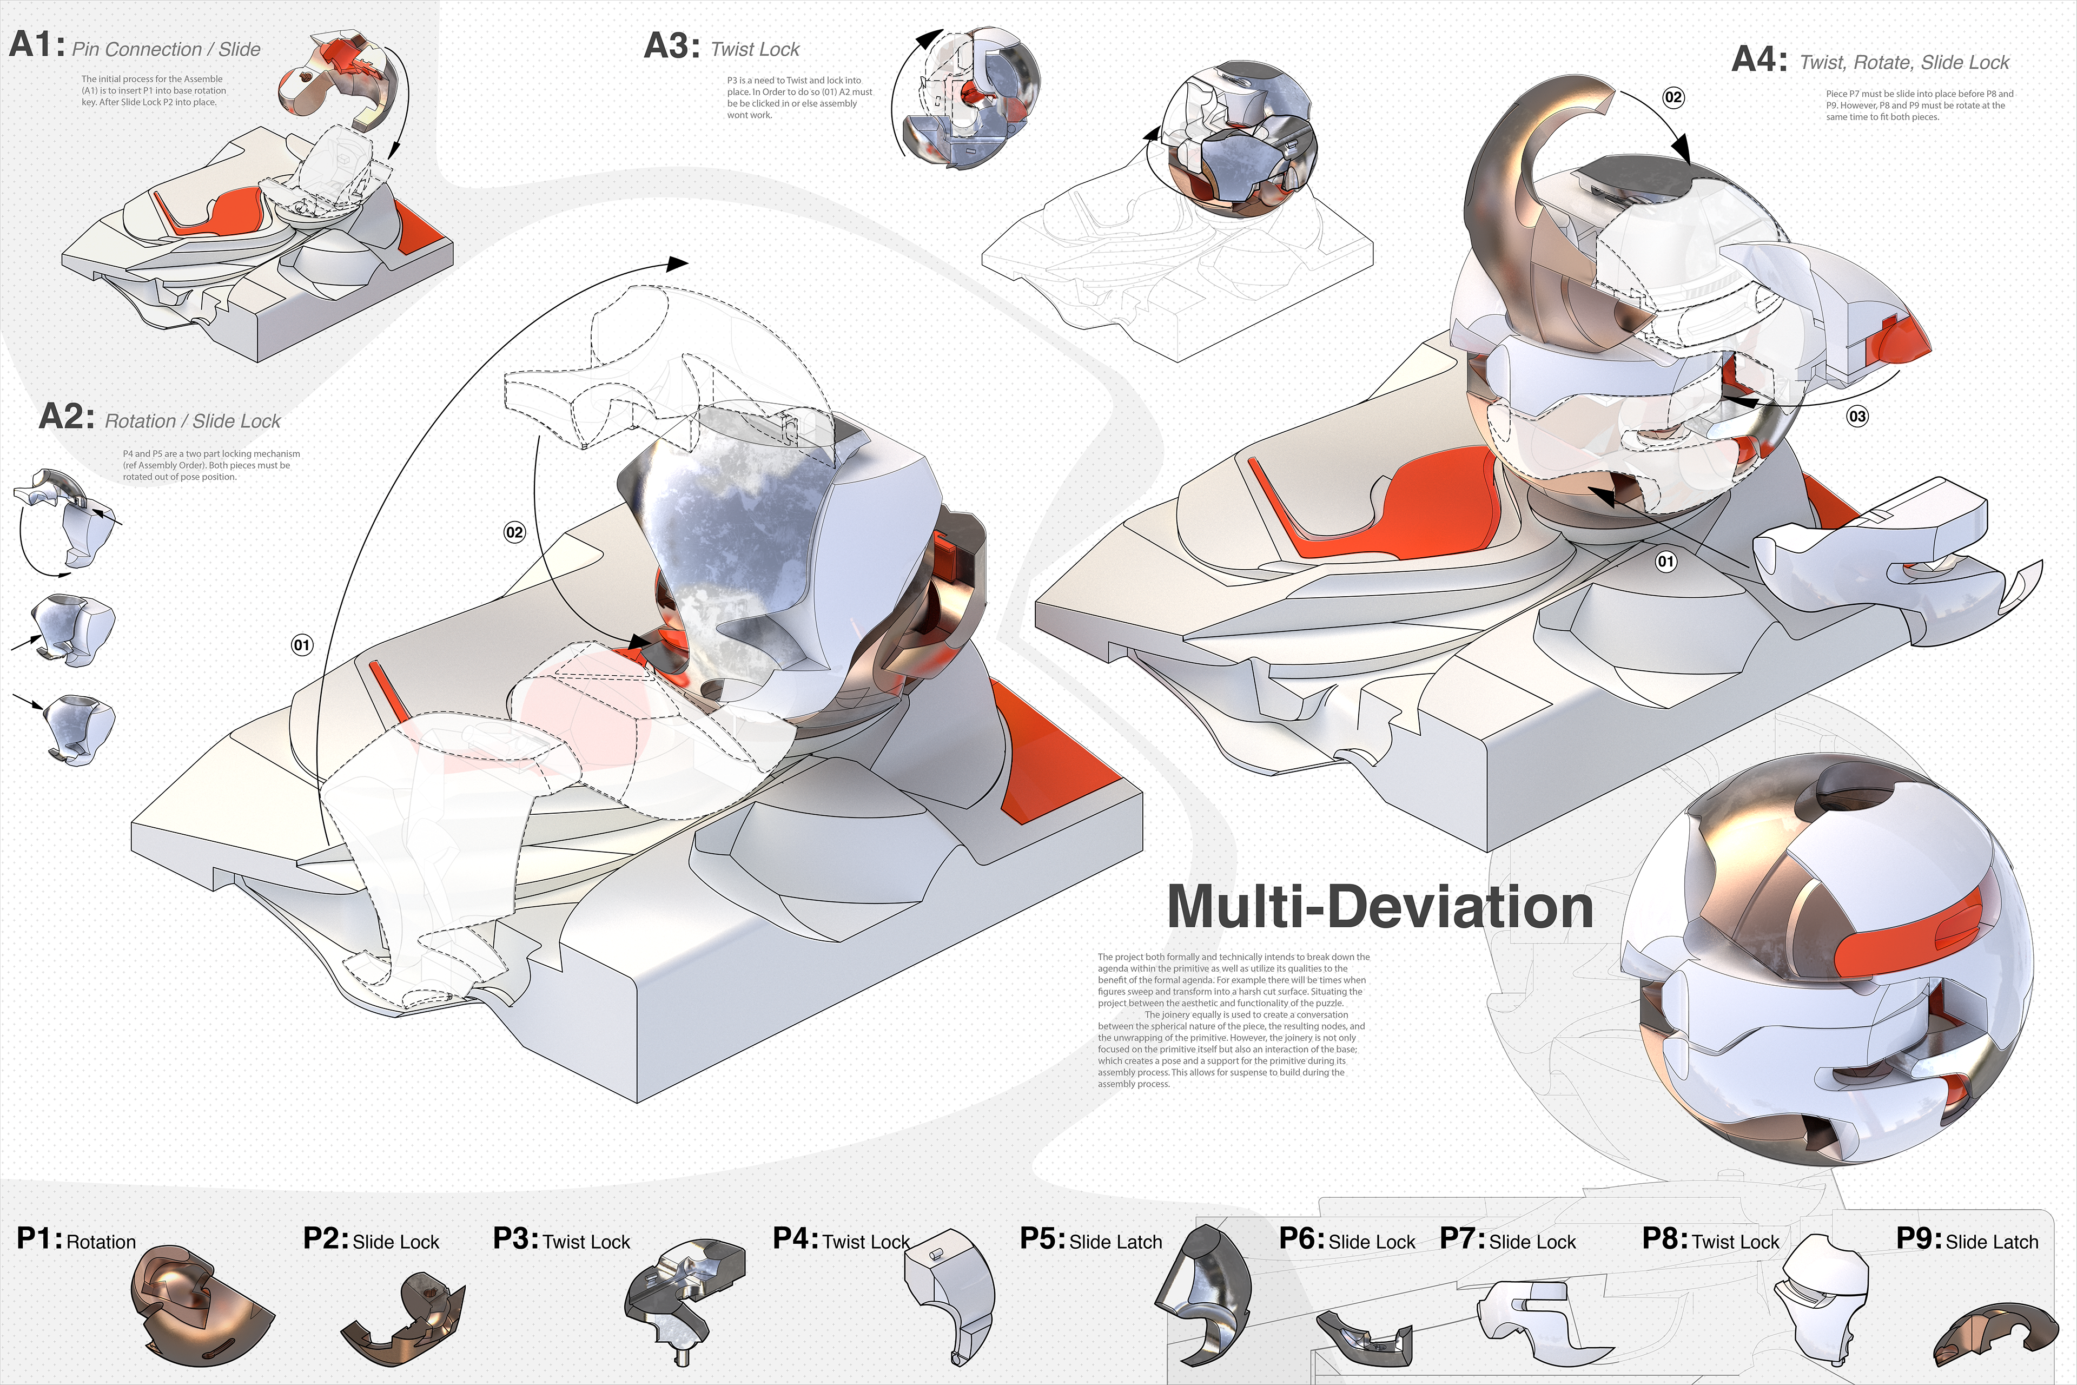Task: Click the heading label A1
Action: pyautogui.click(x=35, y=45)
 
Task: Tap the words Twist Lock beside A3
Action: pyautogui.click(x=755, y=49)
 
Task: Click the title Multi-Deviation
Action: pyautogui.click(x=1379, y=907)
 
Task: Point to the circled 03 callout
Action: pyautogui.click(x=1857, y=416)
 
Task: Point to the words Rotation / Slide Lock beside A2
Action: pyautogui.click(x=193, y=421)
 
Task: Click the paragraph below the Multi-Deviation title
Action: pyautogui.click(x=1233, y=1020)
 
